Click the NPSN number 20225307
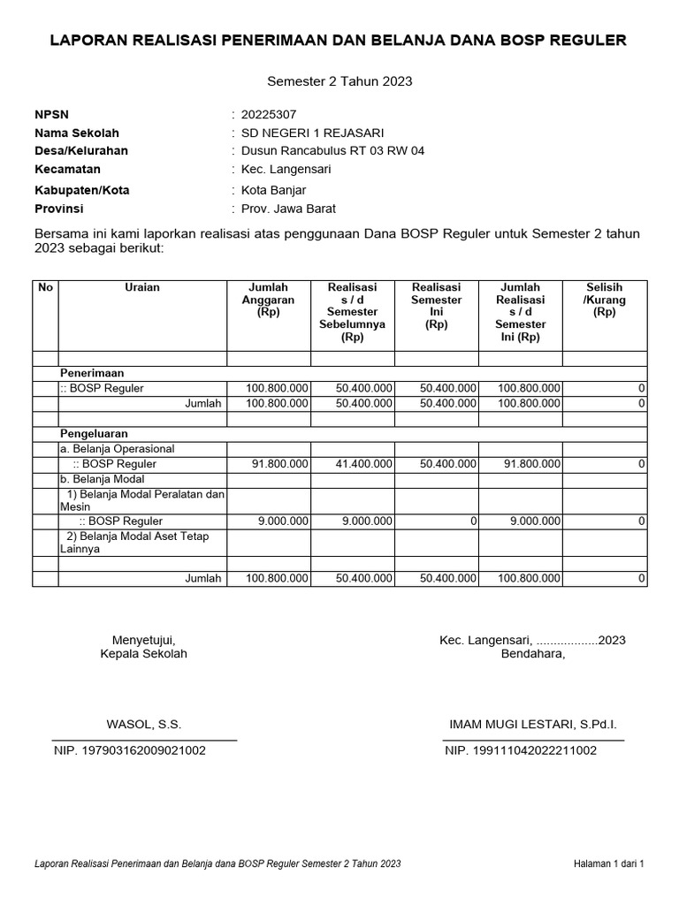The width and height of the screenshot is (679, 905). (269, 114)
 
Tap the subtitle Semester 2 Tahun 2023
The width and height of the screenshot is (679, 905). (339, 81)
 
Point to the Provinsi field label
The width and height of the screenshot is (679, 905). (58, 209)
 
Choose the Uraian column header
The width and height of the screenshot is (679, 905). (141, 287)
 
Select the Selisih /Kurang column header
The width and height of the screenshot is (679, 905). (604, 300)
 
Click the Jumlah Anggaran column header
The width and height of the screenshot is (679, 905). (269, 300)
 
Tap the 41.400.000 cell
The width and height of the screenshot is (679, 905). (352, 463)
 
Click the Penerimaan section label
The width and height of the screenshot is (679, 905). (91, 373)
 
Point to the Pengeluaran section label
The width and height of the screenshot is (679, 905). (94, 434)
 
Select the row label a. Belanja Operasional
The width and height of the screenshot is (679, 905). (118, 449)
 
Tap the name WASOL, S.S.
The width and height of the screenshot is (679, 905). (144, 724)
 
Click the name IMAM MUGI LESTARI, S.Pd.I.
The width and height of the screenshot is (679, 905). (533, 724)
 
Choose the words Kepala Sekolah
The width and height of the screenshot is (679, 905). (144, 654)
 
